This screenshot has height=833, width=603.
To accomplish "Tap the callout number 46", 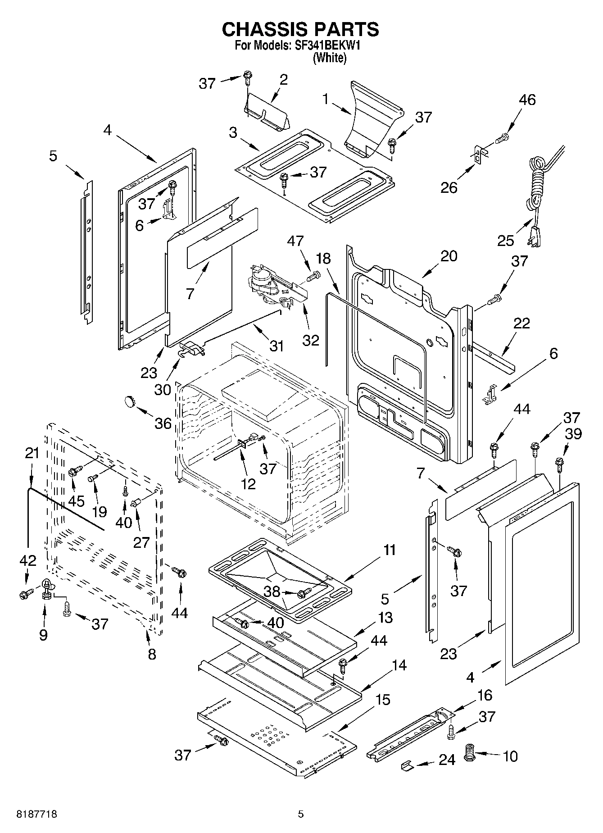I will point(527,100).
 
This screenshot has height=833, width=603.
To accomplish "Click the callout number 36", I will point(163,423).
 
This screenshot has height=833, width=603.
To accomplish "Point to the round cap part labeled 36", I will point(130,400).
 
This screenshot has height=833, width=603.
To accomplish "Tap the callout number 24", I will point(447,760).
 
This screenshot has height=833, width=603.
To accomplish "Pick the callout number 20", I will point(449,256).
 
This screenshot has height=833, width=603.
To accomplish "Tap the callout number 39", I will point(573,433).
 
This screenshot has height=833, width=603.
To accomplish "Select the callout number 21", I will point(32,453).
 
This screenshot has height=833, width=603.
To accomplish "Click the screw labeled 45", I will point(74,471).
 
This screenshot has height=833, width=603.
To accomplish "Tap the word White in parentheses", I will point(330,58).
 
